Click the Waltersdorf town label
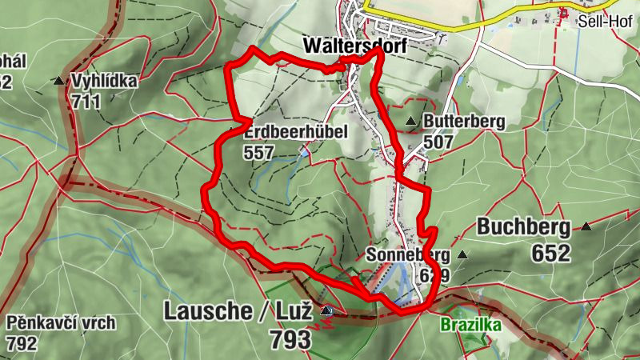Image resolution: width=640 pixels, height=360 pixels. tap(355, 46)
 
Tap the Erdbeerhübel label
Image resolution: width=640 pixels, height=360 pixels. tap(296, 131)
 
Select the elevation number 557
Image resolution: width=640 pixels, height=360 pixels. tap(261, 152)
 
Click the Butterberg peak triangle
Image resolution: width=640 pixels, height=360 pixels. tap(411, 122)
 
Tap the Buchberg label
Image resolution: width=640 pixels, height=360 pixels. tap(524, 227)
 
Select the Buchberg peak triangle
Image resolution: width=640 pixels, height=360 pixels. tap(587, 226)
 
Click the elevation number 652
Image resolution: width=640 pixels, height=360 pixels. tap(550, 253)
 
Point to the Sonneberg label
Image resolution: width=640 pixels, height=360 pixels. tap(406, 255)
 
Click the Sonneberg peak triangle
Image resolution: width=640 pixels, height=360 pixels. tap(462, 255)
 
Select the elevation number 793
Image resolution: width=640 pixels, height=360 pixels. tap(290, 338)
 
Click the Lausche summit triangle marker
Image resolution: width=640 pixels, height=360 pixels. tap(326, 310)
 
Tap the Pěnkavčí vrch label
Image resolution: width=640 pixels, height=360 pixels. tap(62, 324)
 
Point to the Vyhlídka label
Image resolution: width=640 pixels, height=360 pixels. tap(104, 81)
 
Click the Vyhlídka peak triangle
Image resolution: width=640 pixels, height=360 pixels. tap(58, 81)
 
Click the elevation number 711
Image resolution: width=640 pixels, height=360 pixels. tap(86, 102)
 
